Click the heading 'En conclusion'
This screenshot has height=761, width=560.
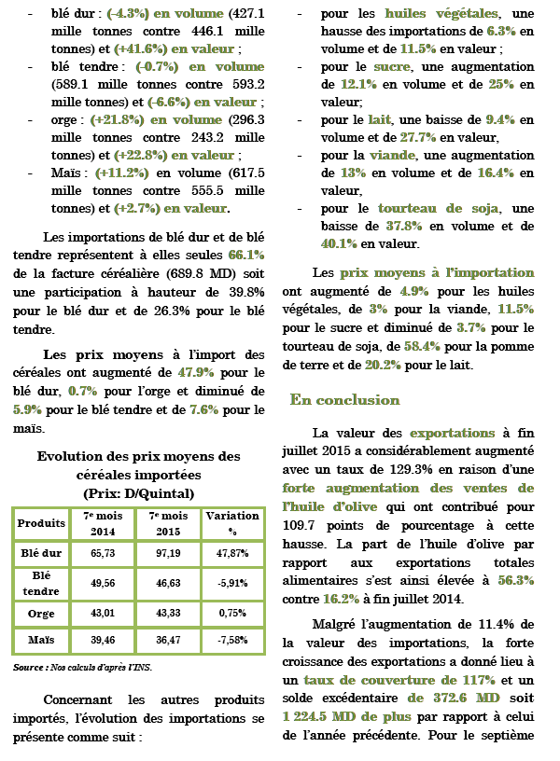(344, 400)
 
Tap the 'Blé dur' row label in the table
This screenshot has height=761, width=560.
(41, 552)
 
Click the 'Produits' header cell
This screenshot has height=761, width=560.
(41, 522)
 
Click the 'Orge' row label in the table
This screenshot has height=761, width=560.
(41, 613)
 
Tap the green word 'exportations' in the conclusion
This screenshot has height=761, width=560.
(454, 434)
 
